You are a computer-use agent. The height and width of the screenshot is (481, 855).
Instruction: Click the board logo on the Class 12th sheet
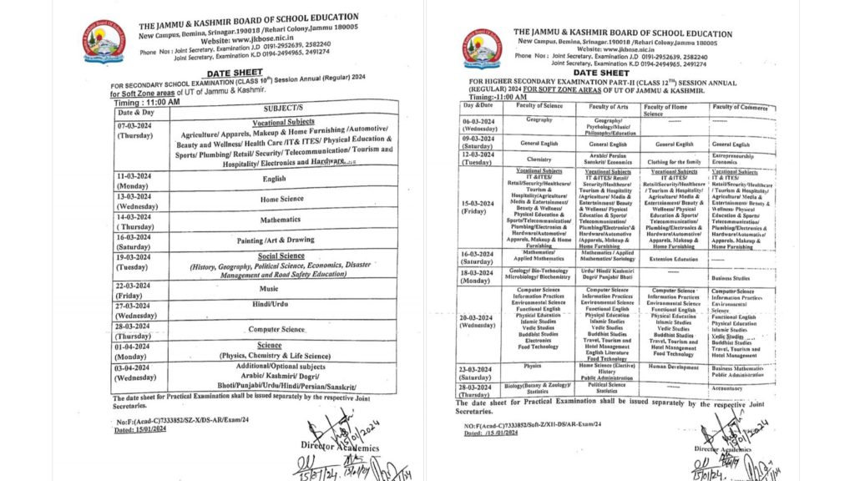coord(483,49)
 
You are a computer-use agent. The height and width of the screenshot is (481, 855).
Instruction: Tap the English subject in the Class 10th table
coord(274,178)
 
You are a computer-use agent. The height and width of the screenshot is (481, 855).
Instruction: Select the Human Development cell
coord(674,365)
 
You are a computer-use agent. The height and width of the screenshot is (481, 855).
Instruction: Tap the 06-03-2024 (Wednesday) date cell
coord(479,124)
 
